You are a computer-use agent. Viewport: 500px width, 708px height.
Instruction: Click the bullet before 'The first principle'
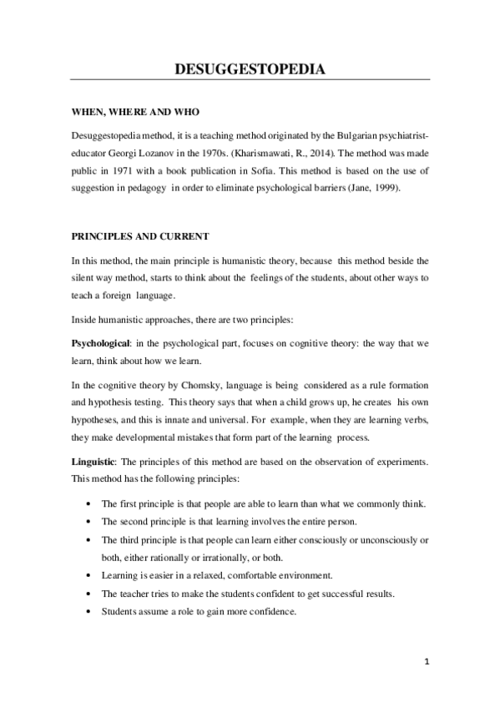tap(89, 504)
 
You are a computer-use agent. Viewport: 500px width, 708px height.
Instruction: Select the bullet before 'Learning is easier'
tap(89, 575)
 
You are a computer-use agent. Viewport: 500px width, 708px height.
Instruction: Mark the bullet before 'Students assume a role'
tap(89, 611)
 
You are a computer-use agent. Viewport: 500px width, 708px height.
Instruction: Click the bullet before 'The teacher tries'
tap(89, 594)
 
